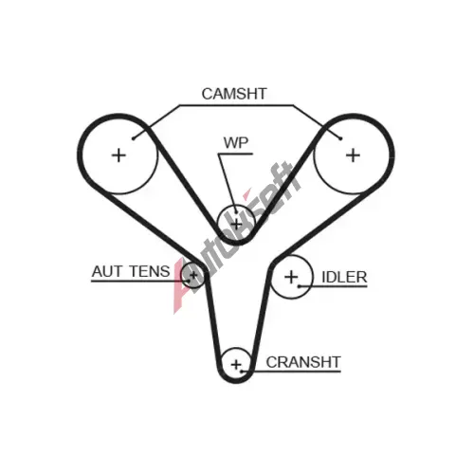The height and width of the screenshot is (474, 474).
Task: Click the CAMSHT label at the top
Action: tap(234, 94)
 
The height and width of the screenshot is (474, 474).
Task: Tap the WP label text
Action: tap(236, 143)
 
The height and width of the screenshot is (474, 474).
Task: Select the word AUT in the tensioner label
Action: tap(106, 271)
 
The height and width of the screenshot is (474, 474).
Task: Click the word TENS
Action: tap(150, 271)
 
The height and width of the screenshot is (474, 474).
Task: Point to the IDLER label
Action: tap(344, 278)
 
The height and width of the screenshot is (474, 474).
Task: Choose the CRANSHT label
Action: tap(303, 362)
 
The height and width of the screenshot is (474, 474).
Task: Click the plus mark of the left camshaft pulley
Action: tap(119, 155)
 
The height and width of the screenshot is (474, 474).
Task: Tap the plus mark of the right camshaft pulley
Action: tap(353, 155)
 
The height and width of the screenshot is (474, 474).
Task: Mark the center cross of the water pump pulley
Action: tap(236, 225)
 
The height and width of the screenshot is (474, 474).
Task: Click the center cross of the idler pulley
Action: tap(291, 277)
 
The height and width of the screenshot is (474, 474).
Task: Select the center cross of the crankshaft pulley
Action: tap(236, 365)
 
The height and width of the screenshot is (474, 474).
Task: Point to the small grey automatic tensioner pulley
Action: tap(193, 275)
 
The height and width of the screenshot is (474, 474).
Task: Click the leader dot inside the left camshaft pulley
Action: tap(134, 138)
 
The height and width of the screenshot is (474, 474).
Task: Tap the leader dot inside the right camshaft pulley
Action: tap(340, 138)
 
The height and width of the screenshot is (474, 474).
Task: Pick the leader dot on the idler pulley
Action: tap(299, 286)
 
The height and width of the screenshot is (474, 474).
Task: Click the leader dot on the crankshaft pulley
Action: tap(242, 372)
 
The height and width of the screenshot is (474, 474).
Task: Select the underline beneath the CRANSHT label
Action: tap(291, 372)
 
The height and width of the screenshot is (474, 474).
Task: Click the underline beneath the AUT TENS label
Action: tap(140, 281)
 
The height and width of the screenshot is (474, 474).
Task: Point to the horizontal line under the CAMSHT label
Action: tap(236, 105)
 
